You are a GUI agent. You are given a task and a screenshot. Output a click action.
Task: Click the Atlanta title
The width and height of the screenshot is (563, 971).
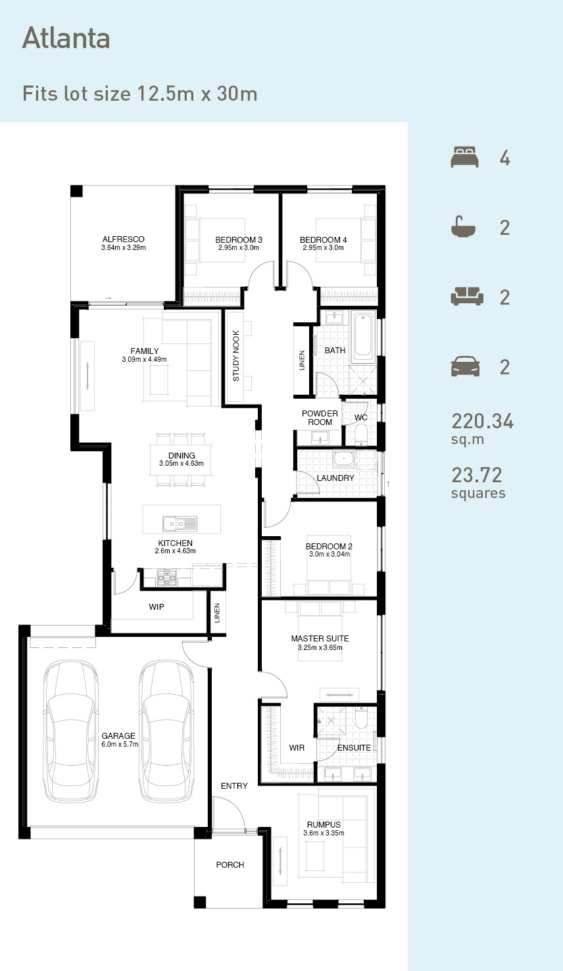point(66,37)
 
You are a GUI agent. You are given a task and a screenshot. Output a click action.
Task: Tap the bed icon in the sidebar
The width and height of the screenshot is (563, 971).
point(464,157)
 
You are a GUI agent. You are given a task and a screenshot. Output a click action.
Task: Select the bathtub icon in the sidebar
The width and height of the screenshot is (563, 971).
point(463,227)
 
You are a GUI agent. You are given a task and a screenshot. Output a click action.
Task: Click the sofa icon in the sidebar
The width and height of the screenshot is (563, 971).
point(467,297)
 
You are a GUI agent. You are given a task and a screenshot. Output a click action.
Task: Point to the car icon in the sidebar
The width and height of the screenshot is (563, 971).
point(465,366)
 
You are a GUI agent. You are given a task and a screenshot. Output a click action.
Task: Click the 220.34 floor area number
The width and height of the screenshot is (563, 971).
point(482,421)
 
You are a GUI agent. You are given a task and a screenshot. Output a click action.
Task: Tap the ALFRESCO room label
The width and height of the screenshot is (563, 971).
point(124,239)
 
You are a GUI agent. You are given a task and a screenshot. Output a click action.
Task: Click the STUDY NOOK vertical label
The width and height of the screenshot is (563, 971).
point(235,356)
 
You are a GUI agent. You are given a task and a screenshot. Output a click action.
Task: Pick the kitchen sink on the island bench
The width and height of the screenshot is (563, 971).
point(180,524)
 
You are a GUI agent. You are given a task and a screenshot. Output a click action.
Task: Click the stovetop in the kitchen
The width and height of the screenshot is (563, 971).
point(167,578)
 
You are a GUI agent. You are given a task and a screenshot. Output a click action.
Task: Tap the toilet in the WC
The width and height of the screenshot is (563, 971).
point(361,434)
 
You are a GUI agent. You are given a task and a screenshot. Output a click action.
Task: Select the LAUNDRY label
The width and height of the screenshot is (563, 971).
point(335,478)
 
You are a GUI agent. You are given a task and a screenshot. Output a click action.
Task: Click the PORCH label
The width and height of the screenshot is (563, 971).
point(230,865)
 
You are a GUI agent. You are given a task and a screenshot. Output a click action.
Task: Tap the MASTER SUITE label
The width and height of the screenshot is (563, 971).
point(320,639)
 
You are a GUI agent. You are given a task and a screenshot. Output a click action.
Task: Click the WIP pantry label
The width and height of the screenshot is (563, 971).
point(157,607)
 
